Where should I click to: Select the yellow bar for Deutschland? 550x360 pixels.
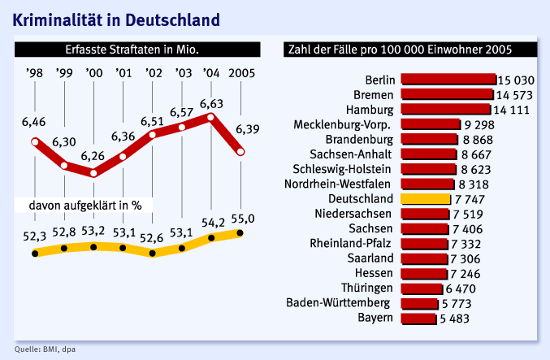(423, 198)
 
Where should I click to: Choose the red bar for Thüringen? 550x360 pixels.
(420, 288)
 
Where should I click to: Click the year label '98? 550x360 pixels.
(35, 74)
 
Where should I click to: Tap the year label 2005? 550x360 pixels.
(241, 74)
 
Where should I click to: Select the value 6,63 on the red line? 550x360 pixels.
(211, 103)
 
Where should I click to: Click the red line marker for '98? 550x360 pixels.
(35, 143)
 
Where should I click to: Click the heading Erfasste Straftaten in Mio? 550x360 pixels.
(132, 50)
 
